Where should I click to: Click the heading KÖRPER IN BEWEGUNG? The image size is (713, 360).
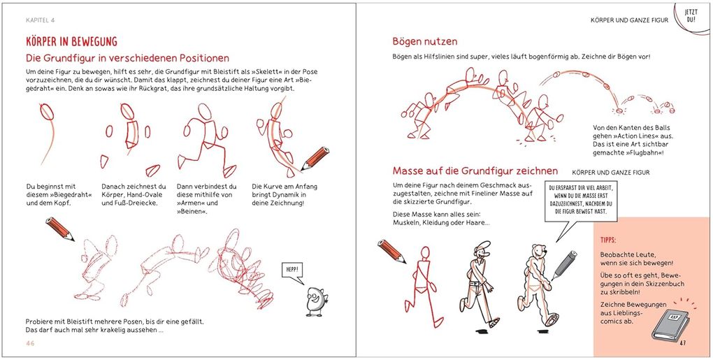coord(71,42)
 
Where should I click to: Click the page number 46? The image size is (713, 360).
coord(31,343)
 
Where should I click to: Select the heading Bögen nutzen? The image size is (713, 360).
coord(425,41)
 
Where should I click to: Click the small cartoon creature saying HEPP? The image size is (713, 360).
coord(316,299)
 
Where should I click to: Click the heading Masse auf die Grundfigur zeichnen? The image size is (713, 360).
coord(475,171)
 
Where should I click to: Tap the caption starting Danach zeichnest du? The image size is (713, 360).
coord(134,194)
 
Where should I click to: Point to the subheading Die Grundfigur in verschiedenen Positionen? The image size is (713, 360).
coord(127,58)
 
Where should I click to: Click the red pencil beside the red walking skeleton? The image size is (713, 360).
coord(391,251)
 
